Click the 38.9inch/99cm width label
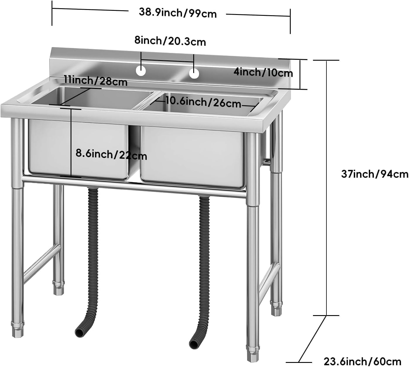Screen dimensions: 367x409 tap(177, 13)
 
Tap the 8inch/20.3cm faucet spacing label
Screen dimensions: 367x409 tap(170, 41)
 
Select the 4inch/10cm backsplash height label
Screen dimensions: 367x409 tap(263, 72)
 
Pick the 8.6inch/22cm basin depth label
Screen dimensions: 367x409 tap(111, 154)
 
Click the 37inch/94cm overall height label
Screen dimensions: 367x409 tap(374, 174)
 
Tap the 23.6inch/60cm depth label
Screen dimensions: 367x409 tap(362, 361)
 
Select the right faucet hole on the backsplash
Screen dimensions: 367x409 tap(194, 73)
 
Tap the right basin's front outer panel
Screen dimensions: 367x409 tap(192, 157)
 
